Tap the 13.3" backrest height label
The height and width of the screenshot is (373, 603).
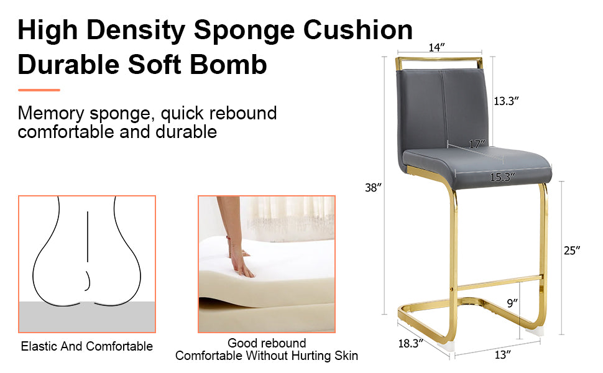pyautogui.click(x=507, y=101)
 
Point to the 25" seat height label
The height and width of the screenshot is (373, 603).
pyautogui.click(x=572, y=251)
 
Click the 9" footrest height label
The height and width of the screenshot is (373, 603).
pyautogui.click(x=511, y=303)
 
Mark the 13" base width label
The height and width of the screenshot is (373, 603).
pyautogui.click(x=503, y=355)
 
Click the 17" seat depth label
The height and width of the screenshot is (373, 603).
pyautogui.click(x=477, y=144)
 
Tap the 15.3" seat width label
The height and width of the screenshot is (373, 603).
pyautogui.click(x=502, y=177)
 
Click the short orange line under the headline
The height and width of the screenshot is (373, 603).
pyautogui.click(x=39, y=90)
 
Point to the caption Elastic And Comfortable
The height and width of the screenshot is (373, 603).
pyautogui.click(x=86, y=346)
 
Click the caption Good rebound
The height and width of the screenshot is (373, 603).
pyautogui.click(x=266, y=343)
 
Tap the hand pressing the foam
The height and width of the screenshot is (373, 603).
pyautogui.click(x=240, y=262)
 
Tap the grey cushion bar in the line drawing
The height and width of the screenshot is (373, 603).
pyautogui.click(x=86, y=317)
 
